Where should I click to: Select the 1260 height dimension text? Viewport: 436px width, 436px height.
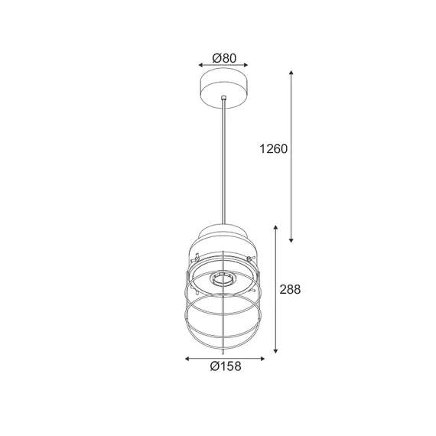tap(273, 148)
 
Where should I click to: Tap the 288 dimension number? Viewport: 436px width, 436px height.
tap(290, 289)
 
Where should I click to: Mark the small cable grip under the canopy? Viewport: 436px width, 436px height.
tap(223, 99)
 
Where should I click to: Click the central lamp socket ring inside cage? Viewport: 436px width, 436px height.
tap(223, 280)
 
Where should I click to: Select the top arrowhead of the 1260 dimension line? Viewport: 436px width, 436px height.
tap(292, 73)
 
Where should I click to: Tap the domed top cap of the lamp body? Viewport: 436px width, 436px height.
tap(223, 233)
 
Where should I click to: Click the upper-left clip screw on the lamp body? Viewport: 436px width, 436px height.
tap(197, 255)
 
